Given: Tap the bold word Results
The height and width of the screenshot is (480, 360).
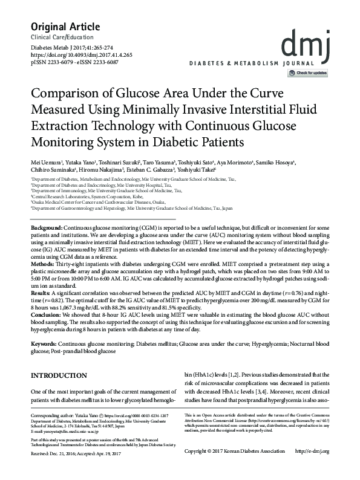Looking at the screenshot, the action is [41, 291].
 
